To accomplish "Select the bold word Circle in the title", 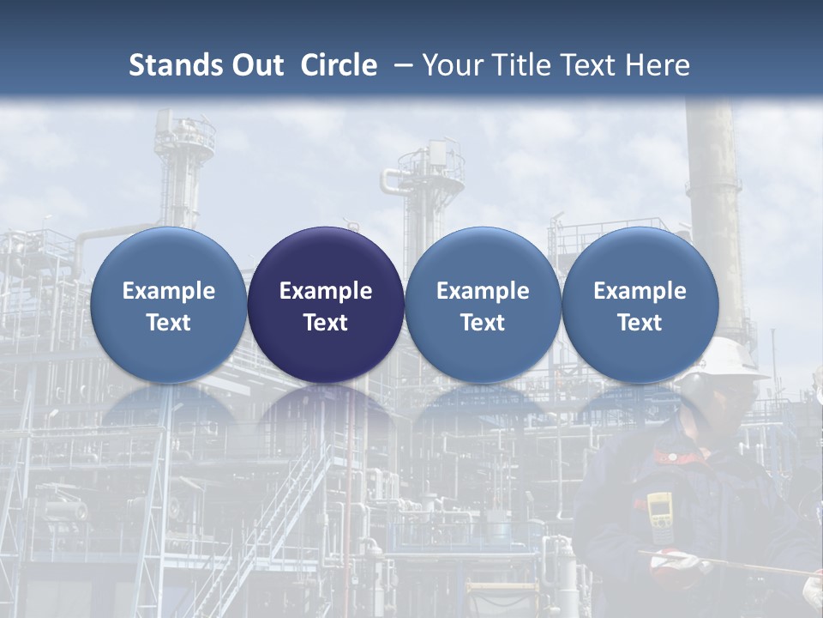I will [x=339, y=65].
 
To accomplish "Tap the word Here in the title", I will [x=660, y=65].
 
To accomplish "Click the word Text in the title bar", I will [x=588, y=65].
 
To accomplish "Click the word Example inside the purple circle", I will [x=326, y=291].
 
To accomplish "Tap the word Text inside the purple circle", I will [x=326, y=323].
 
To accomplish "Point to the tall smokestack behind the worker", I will [x=713, y=215].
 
